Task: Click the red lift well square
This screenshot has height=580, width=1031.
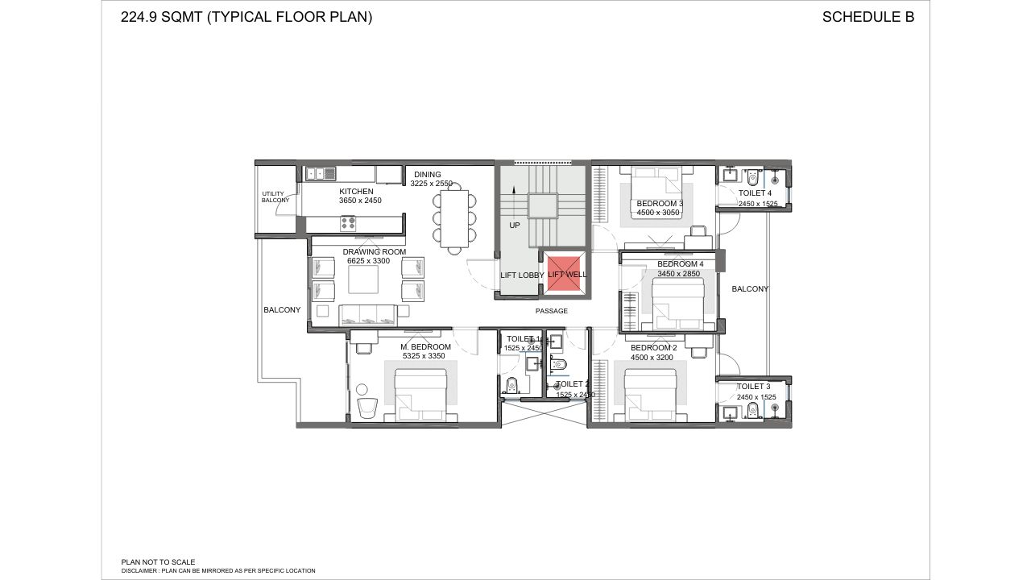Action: click(567, 274)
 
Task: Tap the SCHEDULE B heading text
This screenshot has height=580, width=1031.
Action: click(867, 17)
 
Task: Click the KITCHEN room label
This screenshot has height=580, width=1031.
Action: click(356, 191)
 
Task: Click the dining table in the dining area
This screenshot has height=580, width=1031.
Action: click(455, 218)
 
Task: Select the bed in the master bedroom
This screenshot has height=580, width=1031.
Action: click(420, 395)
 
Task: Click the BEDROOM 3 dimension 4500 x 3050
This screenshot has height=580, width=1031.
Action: click(660, 213)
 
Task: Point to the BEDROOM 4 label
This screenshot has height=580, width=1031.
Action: click(680, 264)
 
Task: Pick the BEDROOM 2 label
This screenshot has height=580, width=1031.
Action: click(653, 347)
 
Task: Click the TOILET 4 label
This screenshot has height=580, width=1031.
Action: click(755, 193)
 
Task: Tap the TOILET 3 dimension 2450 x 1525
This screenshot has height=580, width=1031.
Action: click(756, 397)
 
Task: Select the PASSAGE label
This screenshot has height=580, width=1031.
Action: click(552, 311)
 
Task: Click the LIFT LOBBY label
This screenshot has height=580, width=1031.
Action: click(521, 275)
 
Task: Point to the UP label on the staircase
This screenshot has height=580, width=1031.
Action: click(514, 226)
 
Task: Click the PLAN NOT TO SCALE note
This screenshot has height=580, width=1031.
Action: click(158, 561)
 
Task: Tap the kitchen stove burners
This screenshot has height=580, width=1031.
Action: click(349, 223)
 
